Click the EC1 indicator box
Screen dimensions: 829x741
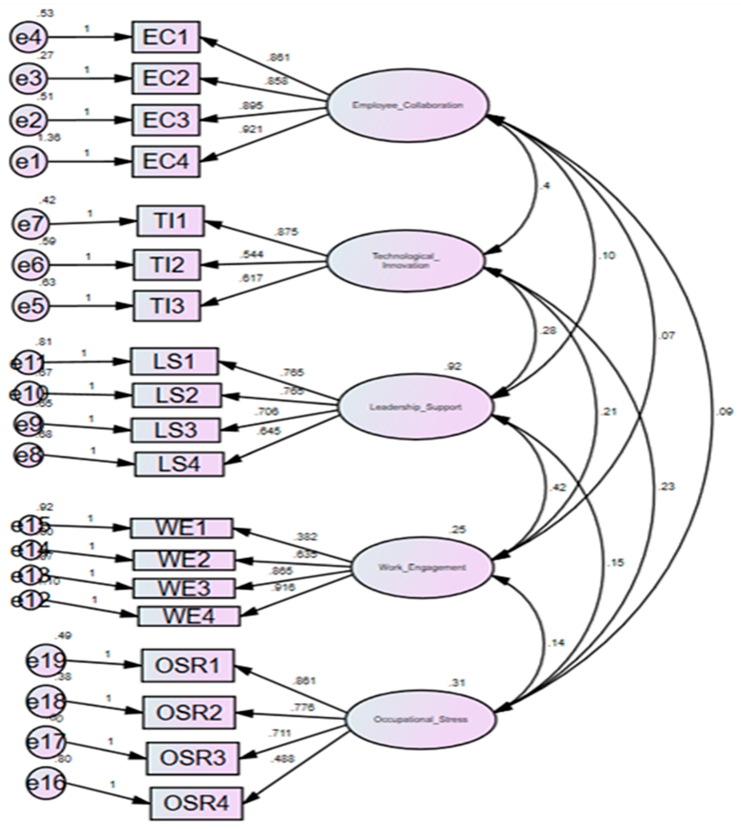click(x=166, y=37)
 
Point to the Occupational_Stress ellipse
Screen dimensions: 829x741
click(x=421, y=719)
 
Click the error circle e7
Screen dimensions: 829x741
click(x=31, y=224)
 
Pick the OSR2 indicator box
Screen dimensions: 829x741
click(x=189, y=712)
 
